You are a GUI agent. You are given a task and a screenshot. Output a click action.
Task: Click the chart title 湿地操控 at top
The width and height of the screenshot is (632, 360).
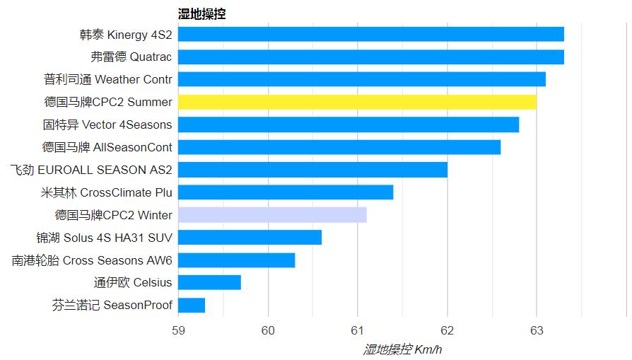click(x=201, y=13)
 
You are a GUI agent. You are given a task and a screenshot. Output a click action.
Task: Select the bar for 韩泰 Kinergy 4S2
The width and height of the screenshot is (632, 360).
click(x=370, y=34)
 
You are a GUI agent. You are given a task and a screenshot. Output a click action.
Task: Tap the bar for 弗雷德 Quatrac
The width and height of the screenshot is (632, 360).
click(x=370, y=57)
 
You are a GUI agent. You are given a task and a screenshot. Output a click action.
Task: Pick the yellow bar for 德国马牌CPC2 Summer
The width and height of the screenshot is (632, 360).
click(x=357, y=102)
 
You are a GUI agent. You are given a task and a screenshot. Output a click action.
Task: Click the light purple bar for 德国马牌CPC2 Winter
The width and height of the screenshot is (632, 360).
click(x=272, y=215)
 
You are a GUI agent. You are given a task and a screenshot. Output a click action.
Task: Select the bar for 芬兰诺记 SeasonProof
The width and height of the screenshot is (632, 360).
click(x=192, y=306)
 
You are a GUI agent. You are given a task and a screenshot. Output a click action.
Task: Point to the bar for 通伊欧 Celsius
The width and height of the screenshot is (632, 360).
click(x=209, y=283)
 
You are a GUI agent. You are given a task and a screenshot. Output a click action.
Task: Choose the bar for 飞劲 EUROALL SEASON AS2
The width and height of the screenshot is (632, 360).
click(x=312, y=170)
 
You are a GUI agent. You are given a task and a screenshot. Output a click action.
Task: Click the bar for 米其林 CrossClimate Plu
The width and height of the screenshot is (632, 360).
click(x=286, y=192)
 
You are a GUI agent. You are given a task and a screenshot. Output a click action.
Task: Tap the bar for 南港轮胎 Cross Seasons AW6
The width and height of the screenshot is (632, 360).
click(x=236, y=260)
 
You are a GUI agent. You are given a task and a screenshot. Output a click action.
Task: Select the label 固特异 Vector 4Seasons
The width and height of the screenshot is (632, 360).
click(x=107, y=124)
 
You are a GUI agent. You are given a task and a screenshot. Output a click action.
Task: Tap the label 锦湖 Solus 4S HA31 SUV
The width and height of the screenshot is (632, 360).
click(x=105, y=238)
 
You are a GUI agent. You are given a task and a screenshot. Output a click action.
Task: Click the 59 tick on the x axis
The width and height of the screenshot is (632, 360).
click(x=178, y=330)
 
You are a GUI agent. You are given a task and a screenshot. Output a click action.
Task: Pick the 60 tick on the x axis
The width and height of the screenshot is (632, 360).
click(x=268, y=330)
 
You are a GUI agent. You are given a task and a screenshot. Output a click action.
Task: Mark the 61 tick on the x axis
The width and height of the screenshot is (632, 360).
click(x=357, y=330)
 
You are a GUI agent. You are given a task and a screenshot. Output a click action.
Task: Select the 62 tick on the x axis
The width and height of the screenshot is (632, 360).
click(x=447, y=330)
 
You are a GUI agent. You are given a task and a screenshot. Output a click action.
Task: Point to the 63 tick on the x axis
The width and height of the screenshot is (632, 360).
click(x=536, y=330)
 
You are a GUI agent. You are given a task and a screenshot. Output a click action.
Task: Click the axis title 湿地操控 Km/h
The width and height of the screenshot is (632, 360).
click(x=402, y=349)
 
